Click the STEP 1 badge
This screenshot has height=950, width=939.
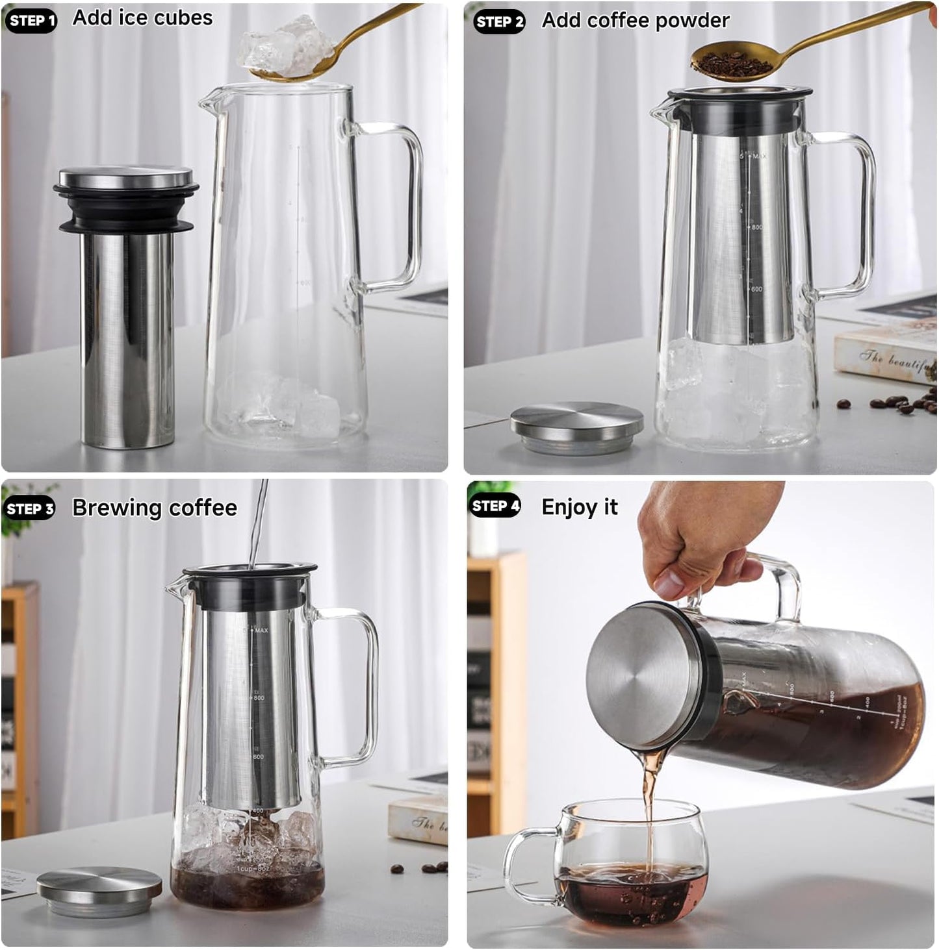click(31, 21)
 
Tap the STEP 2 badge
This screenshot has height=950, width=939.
click(499, 22)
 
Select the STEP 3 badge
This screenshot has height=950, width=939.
click(30, 508)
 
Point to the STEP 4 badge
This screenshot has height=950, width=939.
click(496, 506)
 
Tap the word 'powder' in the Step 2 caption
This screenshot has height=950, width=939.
click(692, 21)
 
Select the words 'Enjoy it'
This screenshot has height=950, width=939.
click(579, 507)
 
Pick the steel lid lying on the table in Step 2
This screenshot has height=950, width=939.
click(576, 427)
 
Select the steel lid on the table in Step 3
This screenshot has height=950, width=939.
click(99, 890)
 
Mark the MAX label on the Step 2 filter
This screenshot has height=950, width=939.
click(759, 156)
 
